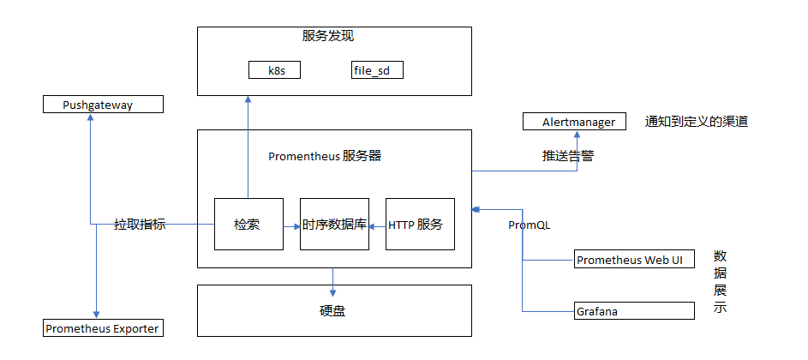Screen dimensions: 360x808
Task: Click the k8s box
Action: coord(274,70)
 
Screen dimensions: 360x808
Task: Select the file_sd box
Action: coord(377,70)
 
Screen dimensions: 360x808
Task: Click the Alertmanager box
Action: coord(574,122)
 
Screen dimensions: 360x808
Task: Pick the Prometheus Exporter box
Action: coord(102,328)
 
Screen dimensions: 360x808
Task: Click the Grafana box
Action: coord(634,311)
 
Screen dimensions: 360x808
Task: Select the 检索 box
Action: coord(248,225)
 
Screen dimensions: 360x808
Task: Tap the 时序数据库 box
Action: coord(334,225)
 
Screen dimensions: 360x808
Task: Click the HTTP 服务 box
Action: coord(420,225)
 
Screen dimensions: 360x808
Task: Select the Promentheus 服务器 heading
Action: coord(325,156)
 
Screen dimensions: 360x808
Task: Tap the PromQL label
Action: coord(529,225)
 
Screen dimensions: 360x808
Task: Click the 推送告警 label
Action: coord(567,156)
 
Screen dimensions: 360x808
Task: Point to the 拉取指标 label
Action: coord(140,225)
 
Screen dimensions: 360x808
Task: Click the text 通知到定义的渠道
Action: coord(696,122)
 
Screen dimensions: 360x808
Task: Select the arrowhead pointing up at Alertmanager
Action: coord(577,135)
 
